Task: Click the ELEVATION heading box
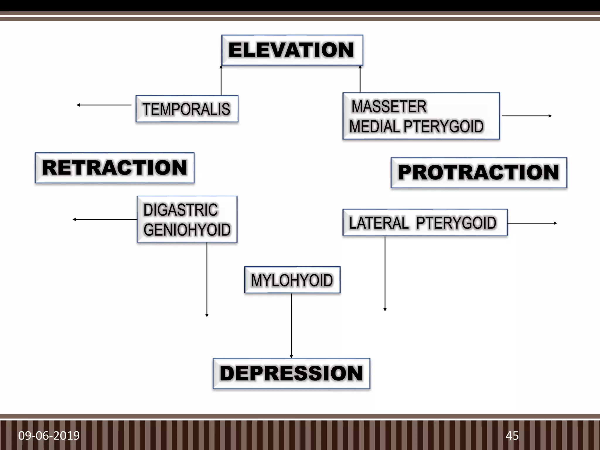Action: tap(292, 50)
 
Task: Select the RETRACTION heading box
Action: tap(115, 168)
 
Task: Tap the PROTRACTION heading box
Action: tap(479, 173)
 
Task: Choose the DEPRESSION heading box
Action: tap(291, 374)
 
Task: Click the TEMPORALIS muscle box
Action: tap(187, 109)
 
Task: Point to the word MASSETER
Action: tap(389, 106)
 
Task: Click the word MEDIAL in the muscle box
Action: tap(374, 127)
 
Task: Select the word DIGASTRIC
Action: tap(180, 210)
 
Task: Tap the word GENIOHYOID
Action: tap(187, 230)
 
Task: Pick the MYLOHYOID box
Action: tap(292, 280)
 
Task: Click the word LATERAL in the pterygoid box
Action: tap(379, 223)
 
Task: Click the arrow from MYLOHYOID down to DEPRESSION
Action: tap(291, 325)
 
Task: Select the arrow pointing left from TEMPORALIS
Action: tap(104, 105)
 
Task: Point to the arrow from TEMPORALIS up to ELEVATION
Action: tap(221, 81)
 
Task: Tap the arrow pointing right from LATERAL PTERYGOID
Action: tap(532, 223)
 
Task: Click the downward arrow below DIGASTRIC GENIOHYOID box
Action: tap(207, 280)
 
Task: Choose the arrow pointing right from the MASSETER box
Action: tap(526, 116)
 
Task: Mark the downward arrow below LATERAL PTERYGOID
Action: tap(385, 274)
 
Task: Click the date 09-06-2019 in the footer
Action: tap(49, 436)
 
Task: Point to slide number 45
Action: tap(512, 436)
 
